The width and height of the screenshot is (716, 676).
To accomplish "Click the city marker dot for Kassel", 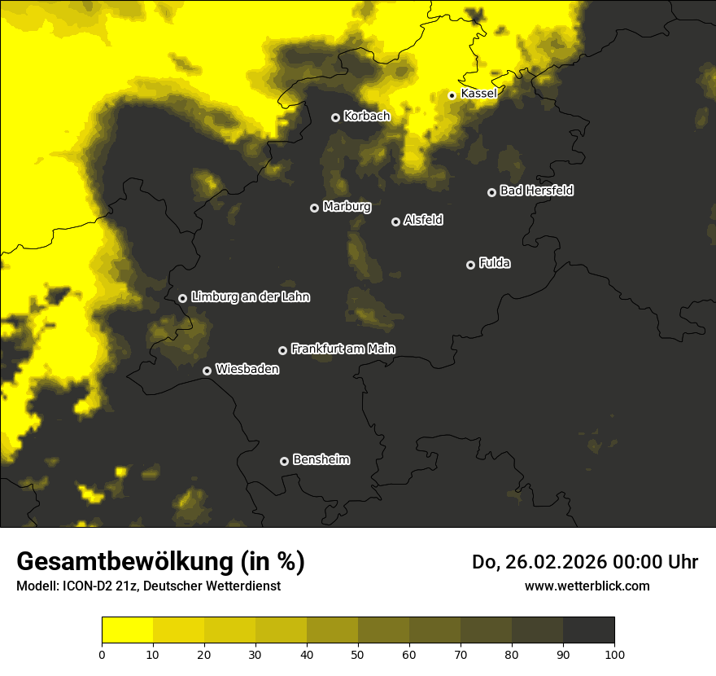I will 452,95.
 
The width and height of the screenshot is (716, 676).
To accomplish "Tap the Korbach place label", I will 367,116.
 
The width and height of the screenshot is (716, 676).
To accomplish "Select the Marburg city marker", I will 314,208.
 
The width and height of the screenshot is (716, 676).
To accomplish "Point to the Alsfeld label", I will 423,221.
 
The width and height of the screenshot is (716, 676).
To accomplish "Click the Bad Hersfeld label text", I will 536,191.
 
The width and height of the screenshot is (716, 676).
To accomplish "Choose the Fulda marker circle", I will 470,265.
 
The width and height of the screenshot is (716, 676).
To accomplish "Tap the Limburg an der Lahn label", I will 250,297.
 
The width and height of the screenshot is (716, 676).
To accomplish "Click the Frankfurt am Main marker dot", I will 282,350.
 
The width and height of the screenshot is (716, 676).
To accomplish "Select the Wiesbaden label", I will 247,370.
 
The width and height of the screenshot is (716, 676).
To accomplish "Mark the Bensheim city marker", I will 284,461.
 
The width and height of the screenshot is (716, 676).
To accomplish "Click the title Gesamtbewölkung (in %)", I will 160,561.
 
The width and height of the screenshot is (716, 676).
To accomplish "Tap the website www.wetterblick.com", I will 587,586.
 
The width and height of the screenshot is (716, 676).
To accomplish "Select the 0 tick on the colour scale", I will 102,653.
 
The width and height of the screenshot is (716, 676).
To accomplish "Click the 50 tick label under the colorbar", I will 358,653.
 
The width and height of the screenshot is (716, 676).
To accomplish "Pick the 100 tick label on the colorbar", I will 614,653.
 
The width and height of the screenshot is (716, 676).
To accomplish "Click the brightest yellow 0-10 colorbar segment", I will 127,630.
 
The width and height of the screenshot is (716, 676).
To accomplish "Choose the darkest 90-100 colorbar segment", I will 588,630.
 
